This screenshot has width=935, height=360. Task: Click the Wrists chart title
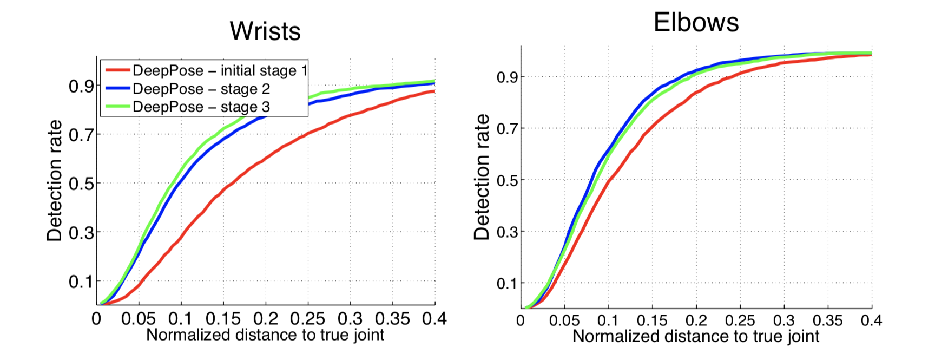click(x=265, y=31)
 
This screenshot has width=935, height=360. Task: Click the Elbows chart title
click(x=696, y=23)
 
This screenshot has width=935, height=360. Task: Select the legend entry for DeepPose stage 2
click(x=201, y=89)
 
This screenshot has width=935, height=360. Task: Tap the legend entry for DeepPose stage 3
click(x=201, y=107)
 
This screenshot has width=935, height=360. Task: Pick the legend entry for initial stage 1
click(x=220, y=70)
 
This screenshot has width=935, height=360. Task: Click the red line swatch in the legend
click(x=117, y=70)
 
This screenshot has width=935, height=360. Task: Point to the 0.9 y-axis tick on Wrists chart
click(x=81, y=86)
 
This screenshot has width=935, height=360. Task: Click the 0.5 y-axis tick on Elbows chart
click(x=508, y=180)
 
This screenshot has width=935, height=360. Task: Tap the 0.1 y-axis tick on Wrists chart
click(x=81, y=282)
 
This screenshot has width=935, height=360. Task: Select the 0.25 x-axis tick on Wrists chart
click(x=307, y=319)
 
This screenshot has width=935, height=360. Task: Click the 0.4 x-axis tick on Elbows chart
click(x=871, y=320)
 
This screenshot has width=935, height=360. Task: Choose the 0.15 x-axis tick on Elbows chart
click(x=652, y=320)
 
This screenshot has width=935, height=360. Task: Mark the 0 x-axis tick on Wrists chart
click(x=97, y=319)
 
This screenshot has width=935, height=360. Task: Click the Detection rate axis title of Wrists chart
click(x=55, y=181)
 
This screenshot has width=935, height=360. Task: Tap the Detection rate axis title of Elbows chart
click(x=482, y=177)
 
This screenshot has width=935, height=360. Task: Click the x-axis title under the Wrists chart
click(x=265, y=335)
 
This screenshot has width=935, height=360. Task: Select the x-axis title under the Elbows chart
click(x=696, y=336)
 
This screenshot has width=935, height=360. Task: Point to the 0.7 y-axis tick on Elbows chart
click(x=508, y=129)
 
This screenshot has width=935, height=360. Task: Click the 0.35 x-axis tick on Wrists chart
click(x=392, y=319)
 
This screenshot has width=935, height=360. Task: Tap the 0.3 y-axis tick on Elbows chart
click(x=508, y=232)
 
